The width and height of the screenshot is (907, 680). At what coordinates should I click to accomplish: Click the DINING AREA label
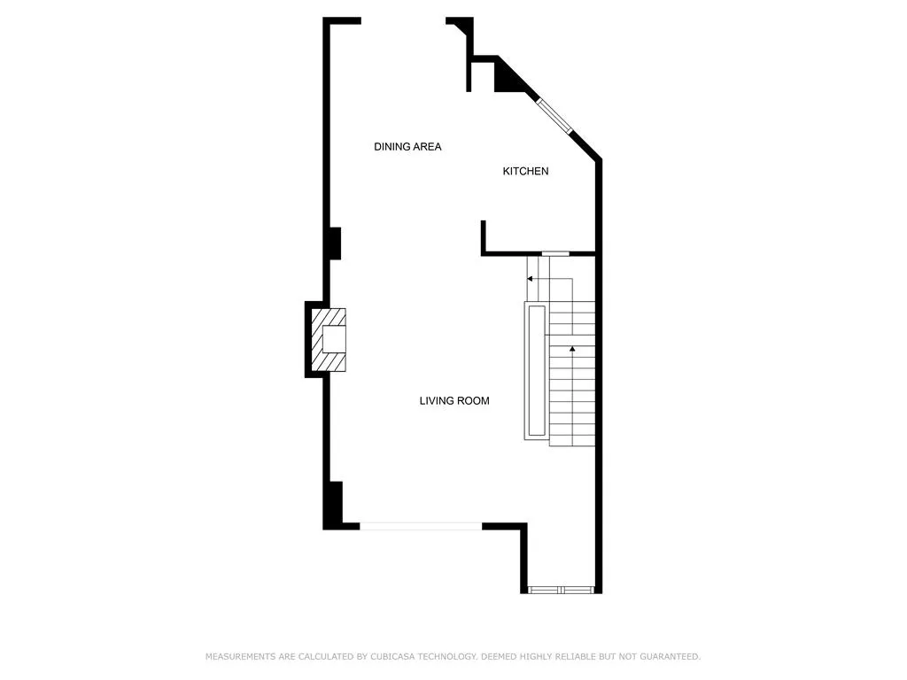407,147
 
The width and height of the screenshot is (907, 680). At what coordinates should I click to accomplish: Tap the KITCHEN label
525,171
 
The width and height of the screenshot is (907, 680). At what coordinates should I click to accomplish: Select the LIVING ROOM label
454,401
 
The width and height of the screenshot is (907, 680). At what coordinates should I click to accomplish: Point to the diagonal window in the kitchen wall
554,116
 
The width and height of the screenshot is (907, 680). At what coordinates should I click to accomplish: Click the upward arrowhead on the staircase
572,349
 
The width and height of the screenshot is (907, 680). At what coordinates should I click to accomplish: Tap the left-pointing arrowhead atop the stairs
530,279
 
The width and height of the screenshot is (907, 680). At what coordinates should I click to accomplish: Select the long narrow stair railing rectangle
537,371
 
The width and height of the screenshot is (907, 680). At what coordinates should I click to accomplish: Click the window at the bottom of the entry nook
561,590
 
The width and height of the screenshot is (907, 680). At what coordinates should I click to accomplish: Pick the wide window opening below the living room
421,526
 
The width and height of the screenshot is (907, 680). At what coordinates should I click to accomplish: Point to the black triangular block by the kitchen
510,76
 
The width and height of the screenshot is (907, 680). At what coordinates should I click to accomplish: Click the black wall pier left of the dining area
335,243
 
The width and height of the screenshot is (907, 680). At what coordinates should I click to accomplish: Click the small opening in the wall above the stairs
555,253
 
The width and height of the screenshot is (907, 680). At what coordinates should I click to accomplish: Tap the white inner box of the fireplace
334,339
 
